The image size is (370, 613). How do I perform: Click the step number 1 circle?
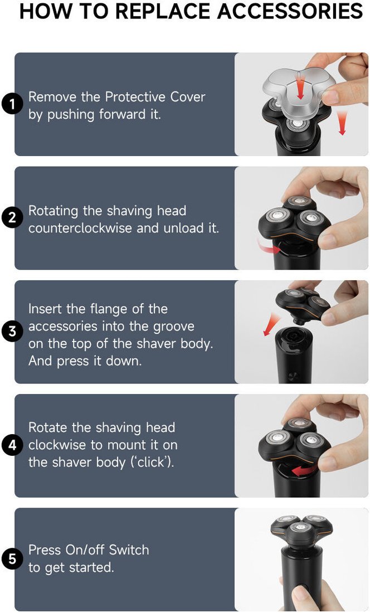point(12,104)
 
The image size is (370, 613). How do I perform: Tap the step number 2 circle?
point(12,218)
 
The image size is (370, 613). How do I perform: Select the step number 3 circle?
point(12,332)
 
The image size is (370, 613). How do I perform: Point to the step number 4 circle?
point(12,445)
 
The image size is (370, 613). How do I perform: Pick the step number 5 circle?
point(12,559)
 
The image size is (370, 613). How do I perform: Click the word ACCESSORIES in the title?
point(290,11)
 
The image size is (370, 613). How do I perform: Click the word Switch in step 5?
point(129,549)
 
